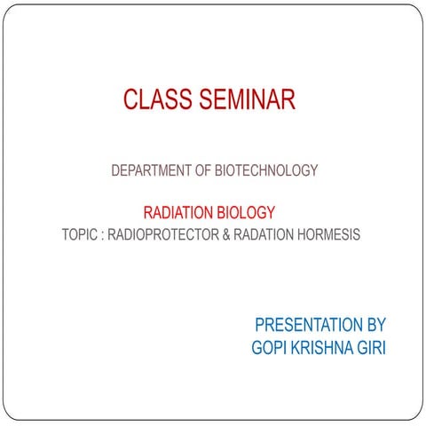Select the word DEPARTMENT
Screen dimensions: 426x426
(152, 170)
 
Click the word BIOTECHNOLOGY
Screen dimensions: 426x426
(266, 170)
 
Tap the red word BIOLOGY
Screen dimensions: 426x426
(245, 213)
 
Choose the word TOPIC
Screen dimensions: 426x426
(81, 236)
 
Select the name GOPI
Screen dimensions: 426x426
(270, 348)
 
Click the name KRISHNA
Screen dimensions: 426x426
(324, 348)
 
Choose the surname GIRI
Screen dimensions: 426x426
(374, 348)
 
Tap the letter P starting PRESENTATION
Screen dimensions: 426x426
(258, 326)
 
